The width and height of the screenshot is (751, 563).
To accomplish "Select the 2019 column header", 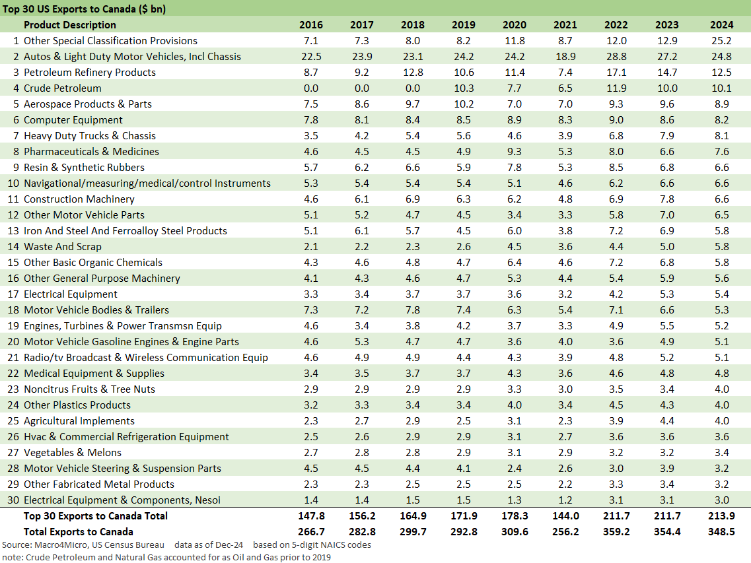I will click(x=463, y=25).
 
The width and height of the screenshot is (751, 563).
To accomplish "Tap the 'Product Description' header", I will click(x=69, y=25).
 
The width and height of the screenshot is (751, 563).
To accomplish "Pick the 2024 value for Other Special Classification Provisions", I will click(x=721, y=41).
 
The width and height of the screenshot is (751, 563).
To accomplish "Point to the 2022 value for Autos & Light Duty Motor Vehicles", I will click(x=616, y=57).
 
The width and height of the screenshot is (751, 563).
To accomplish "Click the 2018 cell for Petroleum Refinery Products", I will click(x=412, y=73).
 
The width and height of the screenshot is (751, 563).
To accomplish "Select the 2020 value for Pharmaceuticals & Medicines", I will click(x=514, y=152).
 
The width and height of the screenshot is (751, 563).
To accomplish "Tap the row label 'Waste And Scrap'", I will click(x=63, y=247).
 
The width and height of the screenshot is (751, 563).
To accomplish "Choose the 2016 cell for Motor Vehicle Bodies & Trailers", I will click(x=311, y=310).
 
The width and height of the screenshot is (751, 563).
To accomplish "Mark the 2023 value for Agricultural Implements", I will click(x=666, y=421).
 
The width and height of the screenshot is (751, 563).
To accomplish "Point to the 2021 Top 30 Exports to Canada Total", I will click(x=565, y=516).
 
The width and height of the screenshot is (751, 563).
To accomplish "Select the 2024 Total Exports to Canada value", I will click(x=721, y=532).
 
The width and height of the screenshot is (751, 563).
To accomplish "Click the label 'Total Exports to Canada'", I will click(x=79, y=532).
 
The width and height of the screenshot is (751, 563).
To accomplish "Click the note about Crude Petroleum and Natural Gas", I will click(x=166, y=557).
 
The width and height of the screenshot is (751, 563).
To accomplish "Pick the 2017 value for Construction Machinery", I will click(x=362, y=199).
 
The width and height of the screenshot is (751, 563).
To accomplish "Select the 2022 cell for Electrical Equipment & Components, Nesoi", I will click(x=616, y=500).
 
